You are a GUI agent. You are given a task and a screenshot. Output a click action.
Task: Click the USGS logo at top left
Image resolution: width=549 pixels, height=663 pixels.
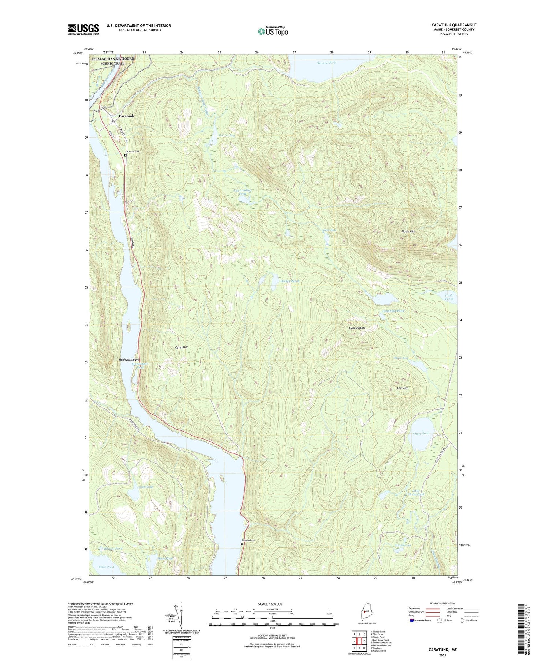83,29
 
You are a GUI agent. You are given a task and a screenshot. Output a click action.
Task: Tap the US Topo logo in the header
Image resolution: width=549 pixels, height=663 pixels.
273,31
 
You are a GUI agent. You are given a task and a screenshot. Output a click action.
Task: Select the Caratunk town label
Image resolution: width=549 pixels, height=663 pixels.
126,116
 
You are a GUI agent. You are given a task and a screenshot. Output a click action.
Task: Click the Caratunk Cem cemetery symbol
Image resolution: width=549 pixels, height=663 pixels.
125,155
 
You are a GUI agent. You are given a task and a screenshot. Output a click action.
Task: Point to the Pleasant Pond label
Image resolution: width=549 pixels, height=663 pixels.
326,63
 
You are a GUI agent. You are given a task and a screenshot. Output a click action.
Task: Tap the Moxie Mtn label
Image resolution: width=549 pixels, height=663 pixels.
408,231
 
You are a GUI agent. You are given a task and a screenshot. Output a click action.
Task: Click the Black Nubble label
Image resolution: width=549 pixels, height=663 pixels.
357,328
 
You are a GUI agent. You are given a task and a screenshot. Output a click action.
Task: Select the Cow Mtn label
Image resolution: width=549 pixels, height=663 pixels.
403,388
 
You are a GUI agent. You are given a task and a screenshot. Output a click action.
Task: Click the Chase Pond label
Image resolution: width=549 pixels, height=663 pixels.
421,434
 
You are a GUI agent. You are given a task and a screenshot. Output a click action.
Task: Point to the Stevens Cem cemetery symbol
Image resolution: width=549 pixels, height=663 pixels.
242,544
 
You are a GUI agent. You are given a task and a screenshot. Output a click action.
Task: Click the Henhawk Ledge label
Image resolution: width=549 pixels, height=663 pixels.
129,360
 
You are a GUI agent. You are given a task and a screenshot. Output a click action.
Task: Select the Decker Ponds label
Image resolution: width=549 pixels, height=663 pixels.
290,281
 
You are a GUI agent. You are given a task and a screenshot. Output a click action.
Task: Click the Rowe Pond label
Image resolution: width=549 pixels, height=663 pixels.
106,567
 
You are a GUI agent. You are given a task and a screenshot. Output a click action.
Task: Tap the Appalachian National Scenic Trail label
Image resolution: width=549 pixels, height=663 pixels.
112,61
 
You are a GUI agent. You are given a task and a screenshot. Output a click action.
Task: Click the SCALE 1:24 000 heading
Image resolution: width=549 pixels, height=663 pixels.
272,604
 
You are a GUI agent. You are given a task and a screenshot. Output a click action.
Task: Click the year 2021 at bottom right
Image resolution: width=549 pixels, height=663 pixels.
442,655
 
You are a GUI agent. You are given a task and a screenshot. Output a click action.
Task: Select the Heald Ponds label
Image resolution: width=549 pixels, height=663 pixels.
449,297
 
